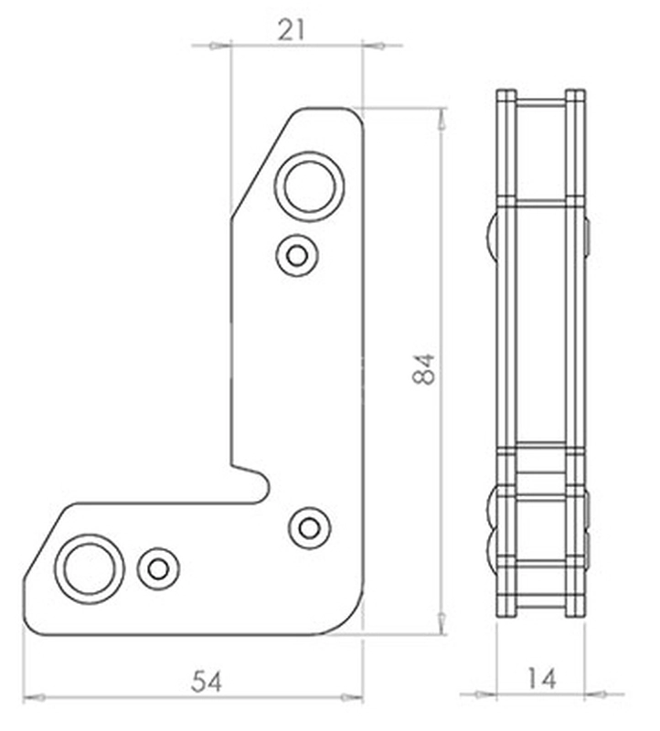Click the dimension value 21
tap(291, 30)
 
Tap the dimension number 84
tap(423, 369)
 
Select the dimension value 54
tap(207, 681)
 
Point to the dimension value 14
tap(541, 678)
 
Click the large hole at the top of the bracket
tap(309, 186)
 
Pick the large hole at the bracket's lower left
tap(89, 569)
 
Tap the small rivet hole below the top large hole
tap(297, 256)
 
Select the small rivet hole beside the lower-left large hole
tap(158, 568)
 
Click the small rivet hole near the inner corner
tap(310, 528)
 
